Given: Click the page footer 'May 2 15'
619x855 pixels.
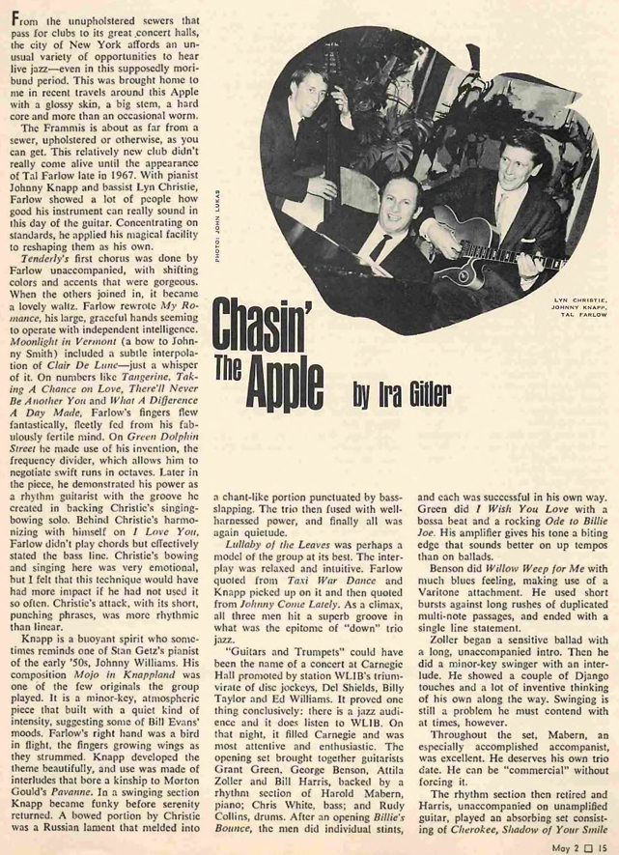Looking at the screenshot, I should click(575, 843).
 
